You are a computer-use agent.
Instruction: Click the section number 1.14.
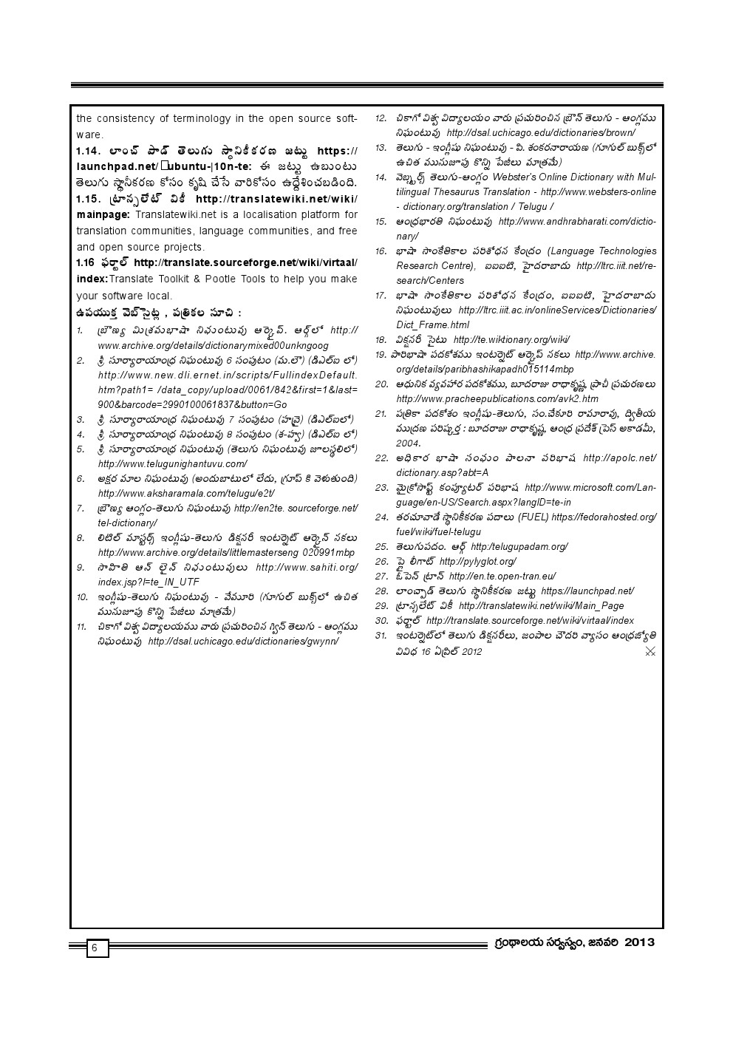(x=89, y=151)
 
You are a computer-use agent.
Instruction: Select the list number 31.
(x=381, y=636)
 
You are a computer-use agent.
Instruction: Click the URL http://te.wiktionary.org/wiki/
(x=511, y=340)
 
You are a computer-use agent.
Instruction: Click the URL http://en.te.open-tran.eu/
(x=502, y=577)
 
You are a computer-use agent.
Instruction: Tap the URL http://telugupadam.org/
(x=519, y=547)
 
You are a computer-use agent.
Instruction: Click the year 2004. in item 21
(x=408, y=443)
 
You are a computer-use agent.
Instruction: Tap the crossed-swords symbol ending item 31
(x=650, y=651)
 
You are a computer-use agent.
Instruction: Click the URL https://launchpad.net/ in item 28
(x=587, y=591)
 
